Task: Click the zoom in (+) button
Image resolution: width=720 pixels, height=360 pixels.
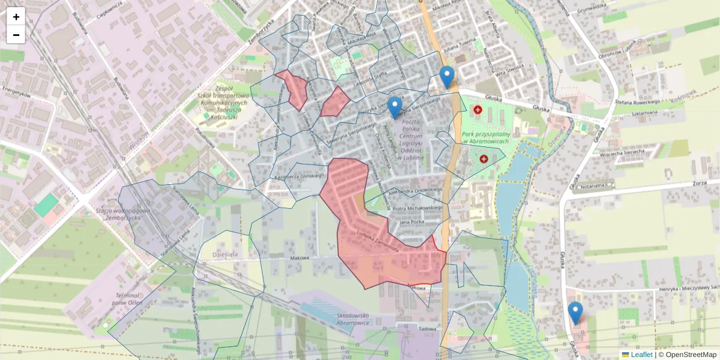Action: (x=16, y=17)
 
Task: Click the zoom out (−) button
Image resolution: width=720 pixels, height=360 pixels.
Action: (x=16, y=35)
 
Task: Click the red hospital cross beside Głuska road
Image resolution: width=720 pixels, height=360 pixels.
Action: (x=478, y=110)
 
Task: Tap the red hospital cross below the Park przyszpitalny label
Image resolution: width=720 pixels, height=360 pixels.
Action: (x=484, y=158)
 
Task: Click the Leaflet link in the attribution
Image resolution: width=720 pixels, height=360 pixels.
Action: (x=641, y=355)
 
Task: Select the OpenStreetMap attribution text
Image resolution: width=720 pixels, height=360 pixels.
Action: (x=687, y=355)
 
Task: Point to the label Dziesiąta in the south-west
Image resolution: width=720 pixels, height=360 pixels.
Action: (x=226, y=254)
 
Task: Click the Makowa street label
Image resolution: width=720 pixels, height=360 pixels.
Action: (x=299, y=258)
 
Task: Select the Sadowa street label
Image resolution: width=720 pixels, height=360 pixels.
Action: (x=427, y=329)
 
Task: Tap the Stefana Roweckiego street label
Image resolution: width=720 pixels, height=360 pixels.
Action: (x=637, y=103)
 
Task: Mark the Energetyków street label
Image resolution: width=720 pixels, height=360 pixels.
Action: (x=16, y=94)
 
